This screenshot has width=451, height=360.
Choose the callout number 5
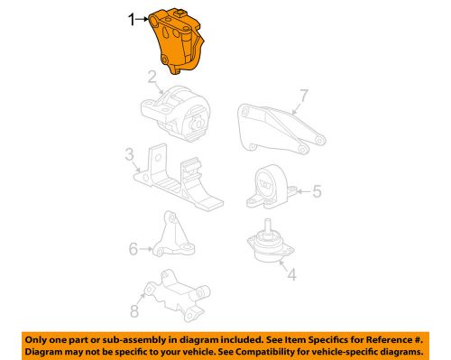(317, 191)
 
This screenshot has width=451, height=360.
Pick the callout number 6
(133, 246)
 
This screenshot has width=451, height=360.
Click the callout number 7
(304, 95)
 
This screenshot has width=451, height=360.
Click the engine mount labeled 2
(177, 112)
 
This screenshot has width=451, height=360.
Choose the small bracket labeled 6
(168, 240)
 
